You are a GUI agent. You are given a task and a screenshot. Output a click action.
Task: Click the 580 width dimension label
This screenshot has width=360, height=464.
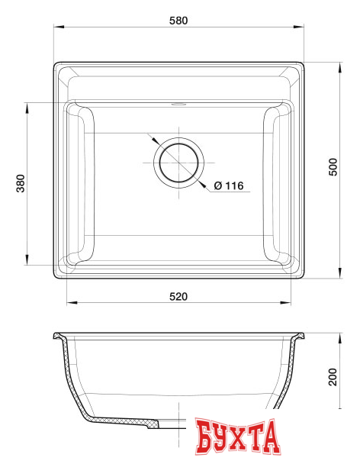178,20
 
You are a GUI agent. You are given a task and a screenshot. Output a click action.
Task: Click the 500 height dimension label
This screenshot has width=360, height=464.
333,169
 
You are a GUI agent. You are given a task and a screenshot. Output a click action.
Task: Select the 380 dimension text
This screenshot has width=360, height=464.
21,184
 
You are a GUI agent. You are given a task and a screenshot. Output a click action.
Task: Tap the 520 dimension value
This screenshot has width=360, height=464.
178,295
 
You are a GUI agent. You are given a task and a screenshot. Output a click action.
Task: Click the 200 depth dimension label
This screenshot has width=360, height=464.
333,377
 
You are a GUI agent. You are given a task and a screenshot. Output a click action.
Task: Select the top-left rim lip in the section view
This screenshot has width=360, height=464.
58,337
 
